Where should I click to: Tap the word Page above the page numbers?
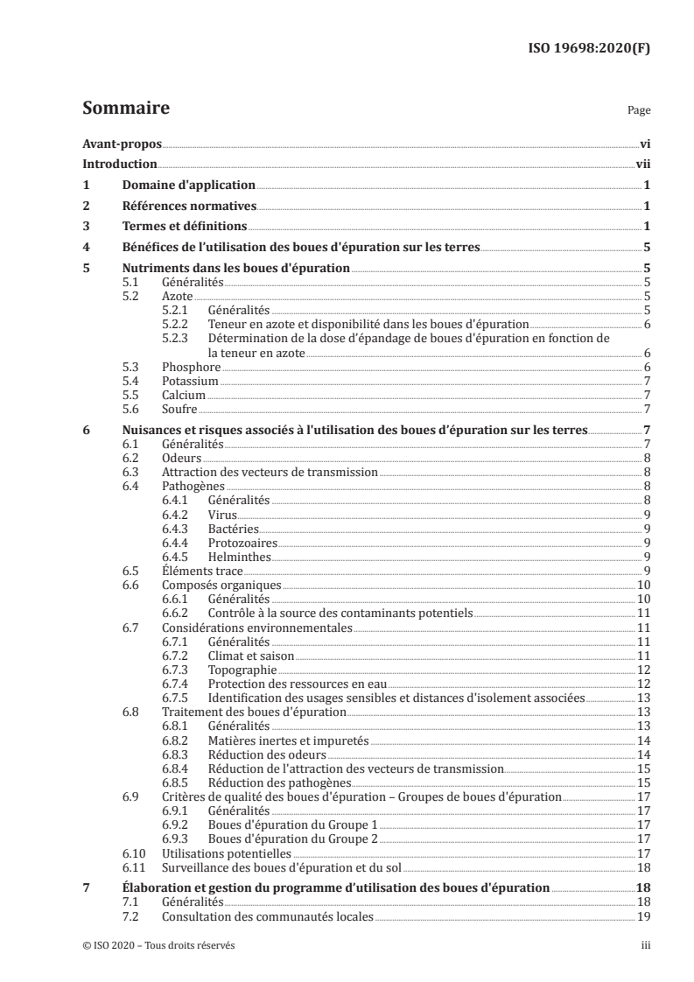(638, 111)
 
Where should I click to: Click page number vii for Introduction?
(641, 165)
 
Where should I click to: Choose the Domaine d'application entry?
(188, 186)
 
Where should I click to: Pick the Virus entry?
(222, 514)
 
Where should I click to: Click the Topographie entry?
(241, 670)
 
